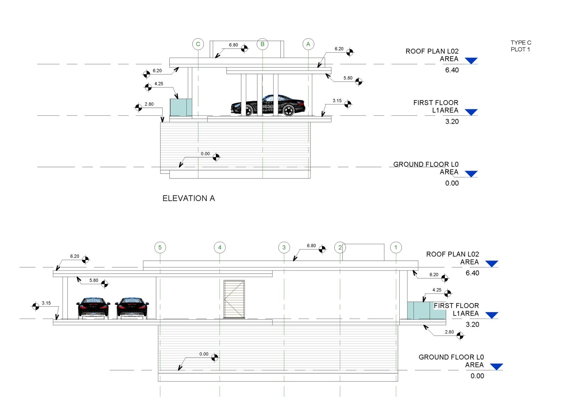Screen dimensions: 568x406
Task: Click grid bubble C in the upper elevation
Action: click(x=198, y=44)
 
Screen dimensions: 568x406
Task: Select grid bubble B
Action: click(x=262, y=44)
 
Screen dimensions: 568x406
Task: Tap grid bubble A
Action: click(x=308, y=44)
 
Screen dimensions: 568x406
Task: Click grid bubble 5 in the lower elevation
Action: click(x=160, y=247)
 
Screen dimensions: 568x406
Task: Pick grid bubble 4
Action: click(x=220, y=247)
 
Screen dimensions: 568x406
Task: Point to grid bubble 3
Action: click(x=284, y=247)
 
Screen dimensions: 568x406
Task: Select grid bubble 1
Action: click(x=396, y=247)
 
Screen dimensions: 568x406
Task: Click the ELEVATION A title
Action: click(x=189, y=198)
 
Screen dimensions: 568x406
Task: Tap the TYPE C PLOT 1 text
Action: click(x=521, y=46)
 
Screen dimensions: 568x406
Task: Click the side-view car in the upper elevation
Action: click(x=268, y=105)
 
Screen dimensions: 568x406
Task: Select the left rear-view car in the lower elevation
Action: click(x=93, y=308)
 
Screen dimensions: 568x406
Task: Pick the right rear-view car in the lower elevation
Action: click(x=132, y=308)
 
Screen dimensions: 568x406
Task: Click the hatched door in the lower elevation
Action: click(x=234, y=299)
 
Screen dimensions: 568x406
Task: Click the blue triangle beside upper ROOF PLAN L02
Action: click(x=471, y=61)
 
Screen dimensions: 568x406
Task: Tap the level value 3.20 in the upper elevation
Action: click(x=452, y=121)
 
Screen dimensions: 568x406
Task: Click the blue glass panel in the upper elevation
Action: click(x=181, y=108)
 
